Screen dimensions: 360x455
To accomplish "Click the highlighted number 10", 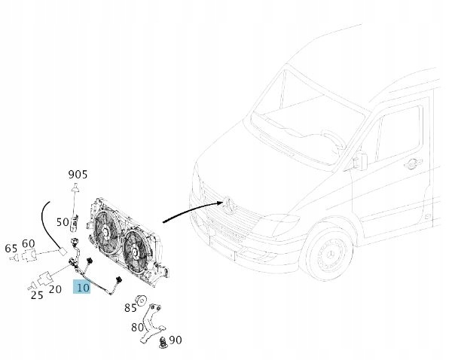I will (x=82, y=287).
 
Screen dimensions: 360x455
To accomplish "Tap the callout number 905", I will (x=78, y=175).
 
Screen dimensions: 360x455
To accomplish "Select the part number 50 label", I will (x=63, y=223).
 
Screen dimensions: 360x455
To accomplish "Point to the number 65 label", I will (x=11, y=249).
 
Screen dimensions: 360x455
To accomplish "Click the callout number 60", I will (x=29, y=243).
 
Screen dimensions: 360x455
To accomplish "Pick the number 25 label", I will (x=36, y=295).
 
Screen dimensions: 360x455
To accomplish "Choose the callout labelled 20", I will (x=55, y=289).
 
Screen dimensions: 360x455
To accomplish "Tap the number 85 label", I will (x=130, y=307).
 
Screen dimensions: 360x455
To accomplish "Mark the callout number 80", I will (x=138, y=328).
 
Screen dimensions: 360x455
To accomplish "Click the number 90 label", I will (x=175, y=340).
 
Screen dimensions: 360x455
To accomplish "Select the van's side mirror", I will (x=359, y=160).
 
